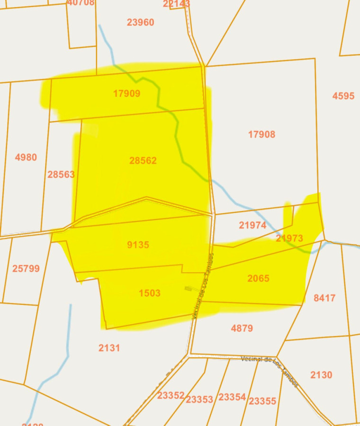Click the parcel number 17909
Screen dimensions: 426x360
click(126, 94)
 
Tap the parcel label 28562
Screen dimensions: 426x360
click(143, 161)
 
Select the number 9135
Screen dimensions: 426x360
click(138, 245)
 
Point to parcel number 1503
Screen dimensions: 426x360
click(149, 293)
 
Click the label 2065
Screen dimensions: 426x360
click(258, 278)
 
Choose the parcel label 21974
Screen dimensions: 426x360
click(252, 225)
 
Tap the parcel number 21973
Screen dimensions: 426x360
click(289, 238)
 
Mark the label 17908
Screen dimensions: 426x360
click(261, 134)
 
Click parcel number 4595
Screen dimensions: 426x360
click(343, 96)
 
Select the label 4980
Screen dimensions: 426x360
click(26, 158)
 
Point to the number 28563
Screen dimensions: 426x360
click(61, 174)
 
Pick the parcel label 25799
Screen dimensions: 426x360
click(26, 268)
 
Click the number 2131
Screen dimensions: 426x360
click(109, 348)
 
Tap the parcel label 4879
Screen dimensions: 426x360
click(242, 328)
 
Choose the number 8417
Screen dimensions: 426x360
click(324, 298)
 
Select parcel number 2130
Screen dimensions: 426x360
click(321, 375)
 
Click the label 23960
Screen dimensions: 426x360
click(140, 22)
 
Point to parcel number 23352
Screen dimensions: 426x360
click(171, 396)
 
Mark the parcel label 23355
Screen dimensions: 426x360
click(262, 401)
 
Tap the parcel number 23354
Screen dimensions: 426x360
click(232, 397)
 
